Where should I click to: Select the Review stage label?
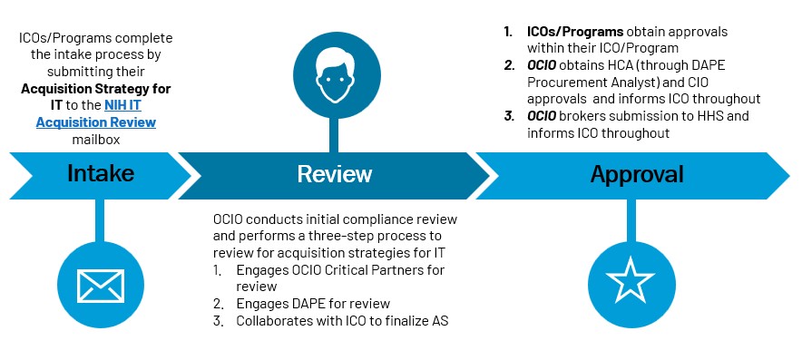[x=335, y=174]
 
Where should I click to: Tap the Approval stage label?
[x=636, y=174]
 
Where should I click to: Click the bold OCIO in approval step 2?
[x=543, y=65]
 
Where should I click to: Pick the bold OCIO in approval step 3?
[x=543, y=116]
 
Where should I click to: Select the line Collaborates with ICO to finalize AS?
[x=342, y=320]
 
